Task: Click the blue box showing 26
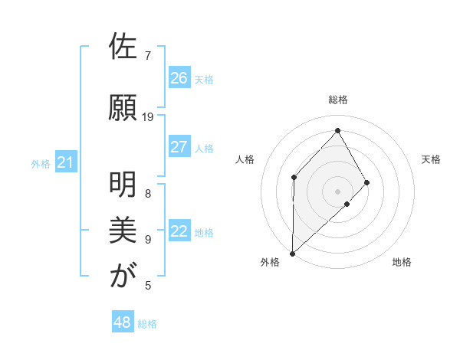tap(179, 78)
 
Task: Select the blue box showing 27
tap(179, 147)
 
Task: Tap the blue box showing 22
tap(179, 232)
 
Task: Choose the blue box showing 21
tap(65, 162)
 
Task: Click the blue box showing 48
tap(123, 322)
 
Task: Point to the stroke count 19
tap(148, 117)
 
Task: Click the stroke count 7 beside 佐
tap(148, 56)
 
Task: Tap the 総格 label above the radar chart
tap(337, 100)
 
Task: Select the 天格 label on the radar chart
tap(432, 159)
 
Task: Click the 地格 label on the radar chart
tap(402, 262)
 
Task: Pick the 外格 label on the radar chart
tap(270, 262)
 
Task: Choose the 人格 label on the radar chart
tap(245, 159)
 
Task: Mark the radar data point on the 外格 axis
tap(292, 253)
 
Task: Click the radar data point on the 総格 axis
tap(337, 130)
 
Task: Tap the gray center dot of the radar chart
tap(337, 191)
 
